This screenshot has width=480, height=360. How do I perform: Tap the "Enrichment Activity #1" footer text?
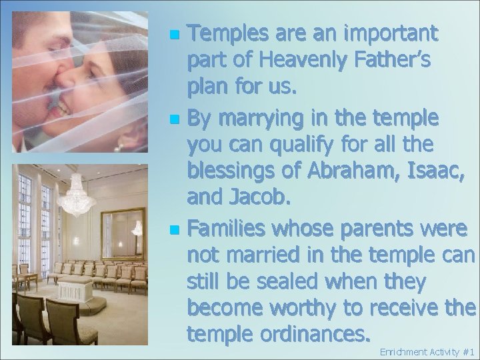point(426,351)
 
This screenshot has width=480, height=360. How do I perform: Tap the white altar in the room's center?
point(74,291)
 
